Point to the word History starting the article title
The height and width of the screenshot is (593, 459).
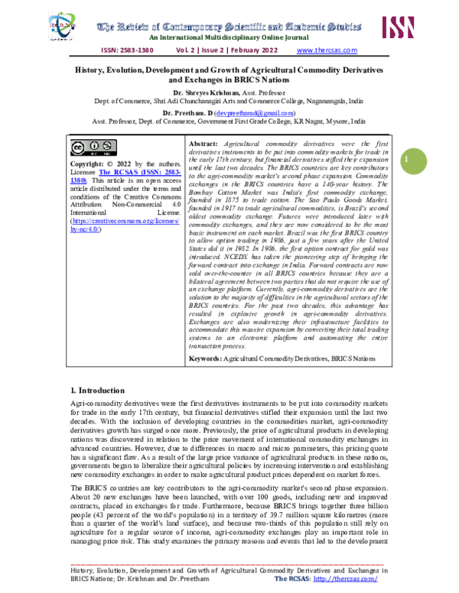(x=90, y=68)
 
